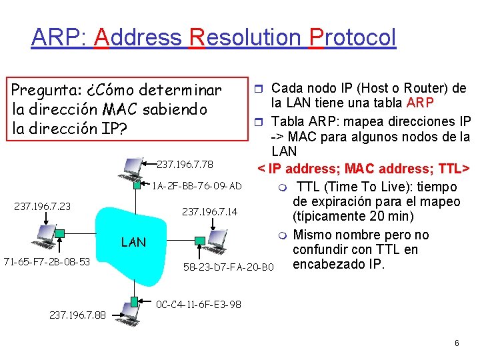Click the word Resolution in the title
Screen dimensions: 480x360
[x=245, y=37]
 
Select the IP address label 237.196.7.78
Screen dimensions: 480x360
[x=185, y=164]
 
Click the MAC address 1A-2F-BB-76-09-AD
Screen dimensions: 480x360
[x=197, y=185]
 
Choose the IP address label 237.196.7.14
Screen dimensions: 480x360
[x=209, y=212]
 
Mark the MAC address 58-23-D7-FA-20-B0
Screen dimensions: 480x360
[x=228, y=268]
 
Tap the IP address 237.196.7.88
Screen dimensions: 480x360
[x=77, y=315]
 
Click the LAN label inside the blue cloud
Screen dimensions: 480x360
[x=133, y=242]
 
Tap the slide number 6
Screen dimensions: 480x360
[x=457, y=343]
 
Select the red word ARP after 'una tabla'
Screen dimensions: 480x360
[x=421, y=103]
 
